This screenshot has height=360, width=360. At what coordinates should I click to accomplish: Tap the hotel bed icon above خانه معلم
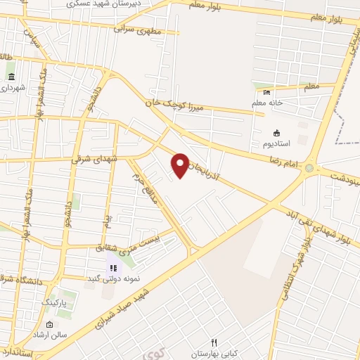(x=266, y=93)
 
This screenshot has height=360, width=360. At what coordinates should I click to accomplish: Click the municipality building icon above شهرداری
(x=11, y=76)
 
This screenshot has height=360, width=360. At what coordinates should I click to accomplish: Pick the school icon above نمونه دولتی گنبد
(x=112, y=268)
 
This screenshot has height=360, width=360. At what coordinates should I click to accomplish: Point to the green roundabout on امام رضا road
(x=309, y=167)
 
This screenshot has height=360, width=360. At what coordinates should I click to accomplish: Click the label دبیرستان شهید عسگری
(x=103, y=4)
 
